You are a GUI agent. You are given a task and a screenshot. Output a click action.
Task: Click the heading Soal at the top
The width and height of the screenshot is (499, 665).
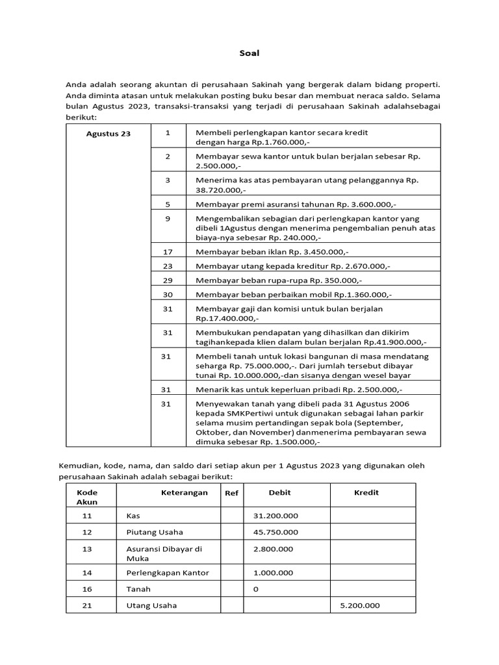[x=249, y=53]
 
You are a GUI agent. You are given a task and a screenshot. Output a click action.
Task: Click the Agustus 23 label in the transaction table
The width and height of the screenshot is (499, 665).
[x=109, y=134]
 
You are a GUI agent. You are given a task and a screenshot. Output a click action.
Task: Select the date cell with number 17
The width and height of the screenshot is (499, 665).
[x=168, y=251]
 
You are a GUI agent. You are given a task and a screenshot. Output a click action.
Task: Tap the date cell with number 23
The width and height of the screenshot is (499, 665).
[x=168, y=266]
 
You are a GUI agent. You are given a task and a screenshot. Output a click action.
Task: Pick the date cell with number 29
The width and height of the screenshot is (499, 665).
[x=168, y=280]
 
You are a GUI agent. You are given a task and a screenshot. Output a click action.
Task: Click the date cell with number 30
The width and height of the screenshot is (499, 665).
[x=168, y=294]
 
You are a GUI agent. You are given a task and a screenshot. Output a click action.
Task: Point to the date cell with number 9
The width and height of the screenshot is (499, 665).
[x=168, y=218]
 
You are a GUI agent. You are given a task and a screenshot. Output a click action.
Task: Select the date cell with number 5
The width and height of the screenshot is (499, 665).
[x=168, y=203]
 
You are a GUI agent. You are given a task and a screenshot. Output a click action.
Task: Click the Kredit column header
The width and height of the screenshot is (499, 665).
[x=366, y=492]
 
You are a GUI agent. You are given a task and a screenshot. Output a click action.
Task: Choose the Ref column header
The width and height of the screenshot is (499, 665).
[x=231, y=493]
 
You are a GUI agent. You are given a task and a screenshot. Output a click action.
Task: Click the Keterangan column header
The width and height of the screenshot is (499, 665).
[x=185, y=492]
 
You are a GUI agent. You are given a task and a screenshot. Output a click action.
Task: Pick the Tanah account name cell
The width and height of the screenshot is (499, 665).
[x=138, y=589]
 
